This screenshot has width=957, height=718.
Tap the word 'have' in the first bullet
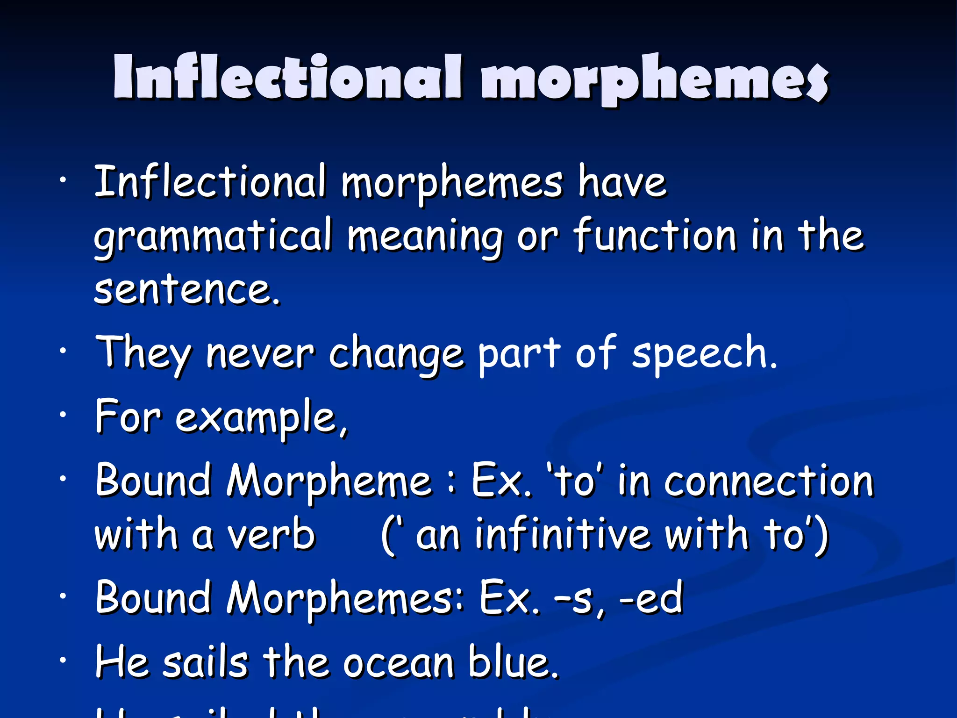[x=622, y=182]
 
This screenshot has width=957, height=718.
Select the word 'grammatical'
[x=213, y=236]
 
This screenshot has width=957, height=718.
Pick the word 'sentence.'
[x=187, y=289]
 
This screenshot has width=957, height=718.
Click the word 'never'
[x=260, y=353]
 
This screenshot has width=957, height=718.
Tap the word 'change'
[x=396, y=353]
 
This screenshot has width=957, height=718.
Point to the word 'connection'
[x=769, y=481]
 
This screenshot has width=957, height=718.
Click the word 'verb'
[x=271, y=535]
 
